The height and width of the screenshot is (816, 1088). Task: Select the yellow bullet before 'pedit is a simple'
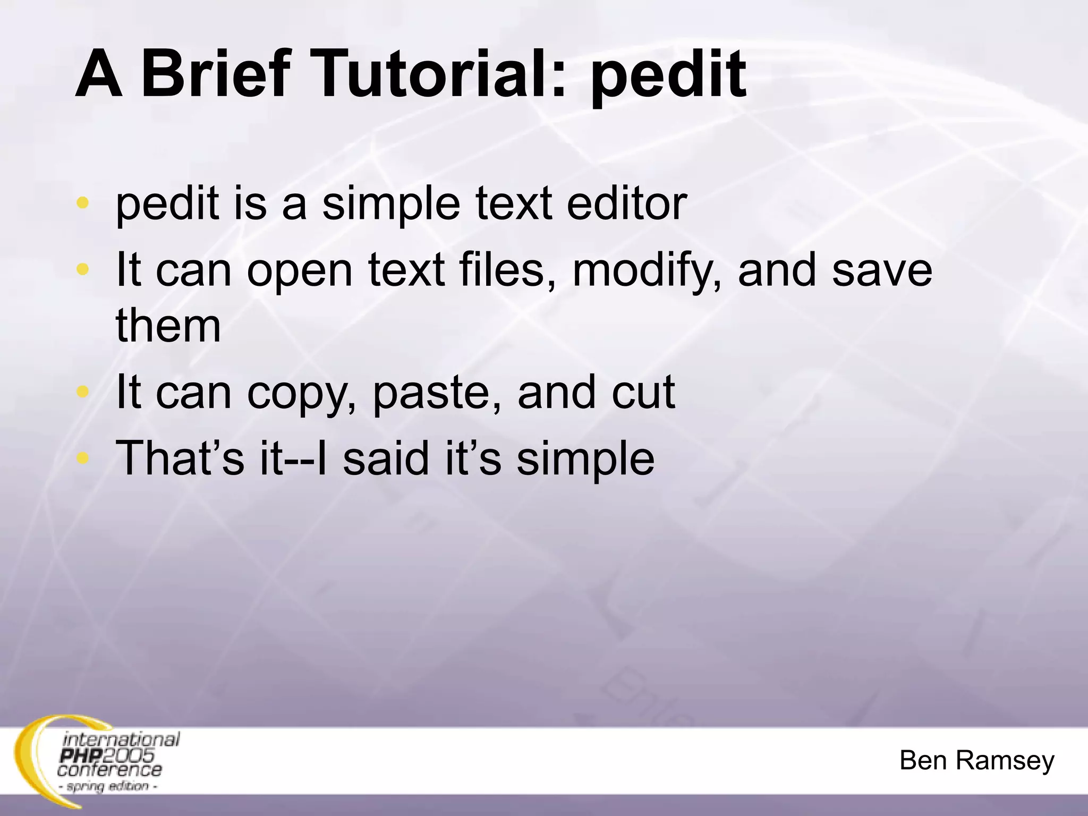point(82,203)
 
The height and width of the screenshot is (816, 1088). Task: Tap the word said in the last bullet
point(385,458)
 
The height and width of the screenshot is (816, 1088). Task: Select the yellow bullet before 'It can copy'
point(82,392)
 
